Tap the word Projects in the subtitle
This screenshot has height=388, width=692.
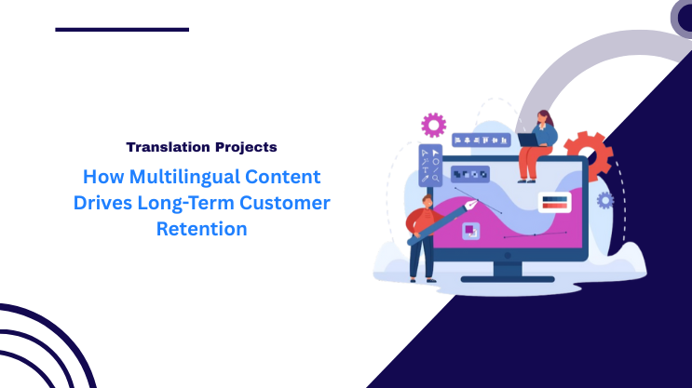244,147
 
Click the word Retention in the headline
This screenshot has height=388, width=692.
202,228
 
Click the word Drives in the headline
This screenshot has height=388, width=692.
104,202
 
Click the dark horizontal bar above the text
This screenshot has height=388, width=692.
122,30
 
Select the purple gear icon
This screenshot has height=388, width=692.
433,124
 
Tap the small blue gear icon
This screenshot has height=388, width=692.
605,200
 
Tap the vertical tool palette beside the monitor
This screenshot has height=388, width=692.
432,167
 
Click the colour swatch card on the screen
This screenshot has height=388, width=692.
554,201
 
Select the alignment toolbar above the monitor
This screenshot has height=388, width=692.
482,140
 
